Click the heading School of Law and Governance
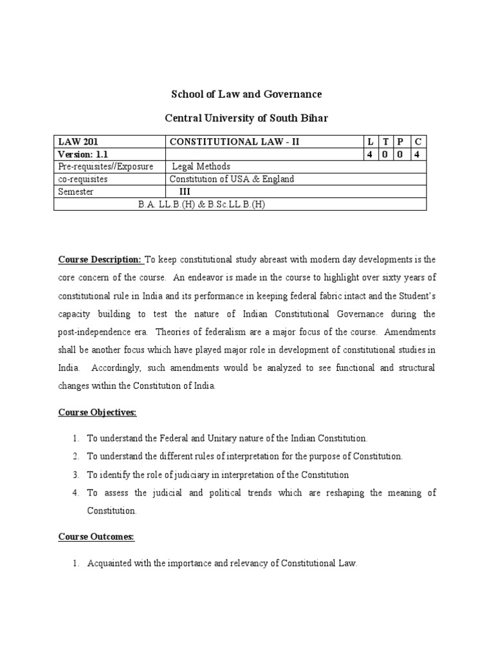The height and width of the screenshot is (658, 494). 246,94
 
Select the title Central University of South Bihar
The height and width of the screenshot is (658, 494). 246,120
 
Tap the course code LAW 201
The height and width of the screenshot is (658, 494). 78,141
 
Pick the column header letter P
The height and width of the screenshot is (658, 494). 400,141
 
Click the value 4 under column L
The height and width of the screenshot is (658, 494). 370,154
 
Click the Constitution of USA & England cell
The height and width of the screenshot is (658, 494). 232,179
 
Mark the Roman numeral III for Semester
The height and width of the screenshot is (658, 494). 185,191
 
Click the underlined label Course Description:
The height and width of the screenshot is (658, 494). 100,260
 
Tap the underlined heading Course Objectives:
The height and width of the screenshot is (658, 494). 98,413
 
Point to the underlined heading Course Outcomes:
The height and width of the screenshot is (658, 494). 96,537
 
